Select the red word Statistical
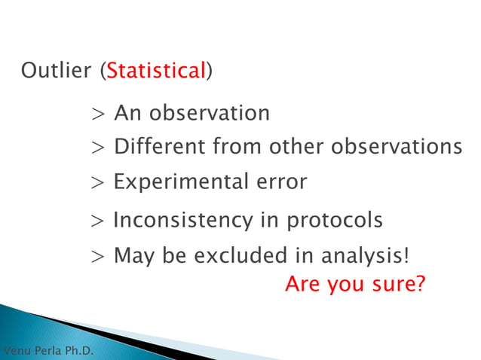(156, 72)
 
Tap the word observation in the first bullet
(209, 113)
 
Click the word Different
(161, 146)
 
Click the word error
(280, 182)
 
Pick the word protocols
(334, 221)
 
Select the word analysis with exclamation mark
(366, 256)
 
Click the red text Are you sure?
(355, 285)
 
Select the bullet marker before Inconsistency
(98, 221)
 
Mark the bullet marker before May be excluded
(98, 257)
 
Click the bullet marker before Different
(98, 147)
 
